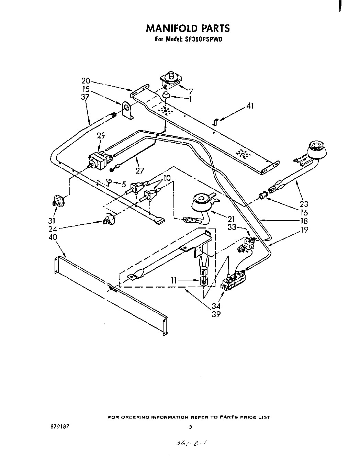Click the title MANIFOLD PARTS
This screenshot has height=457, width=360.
188,28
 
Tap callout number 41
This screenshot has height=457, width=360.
250,106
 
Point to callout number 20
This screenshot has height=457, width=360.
86,81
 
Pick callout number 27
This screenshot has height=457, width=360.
140,170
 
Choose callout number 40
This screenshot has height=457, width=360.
53,237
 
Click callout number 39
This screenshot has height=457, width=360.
216,314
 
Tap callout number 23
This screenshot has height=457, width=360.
304,204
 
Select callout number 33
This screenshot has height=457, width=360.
232,227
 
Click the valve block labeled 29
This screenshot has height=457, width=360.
101,161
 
